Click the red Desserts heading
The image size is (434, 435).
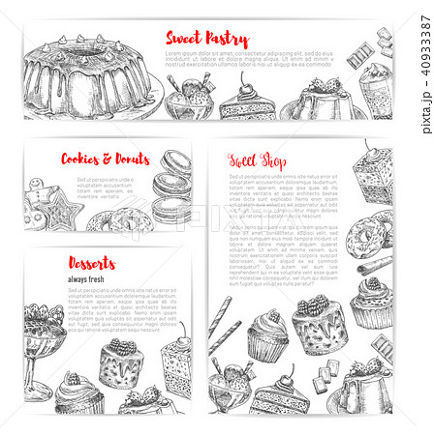(92, 263)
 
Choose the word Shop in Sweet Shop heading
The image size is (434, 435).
(274, 161)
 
